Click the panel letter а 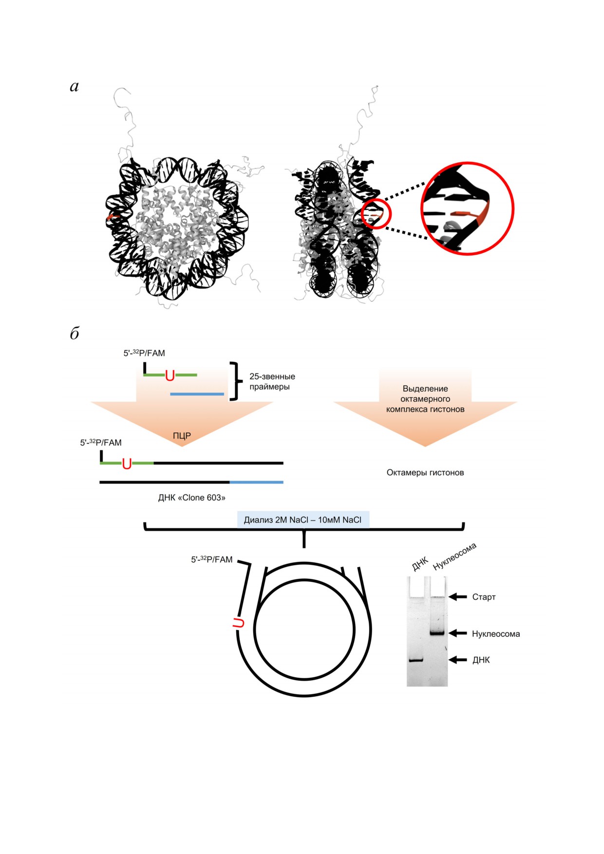point(74,87)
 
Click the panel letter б point(75,333)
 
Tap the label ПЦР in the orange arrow point(182,436)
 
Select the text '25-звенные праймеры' point(272,382)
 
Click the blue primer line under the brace point(197,394)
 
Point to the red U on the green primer point(170,375)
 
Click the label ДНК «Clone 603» point(192,498)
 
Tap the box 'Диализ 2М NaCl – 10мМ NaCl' point(303,520)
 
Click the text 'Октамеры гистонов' point(425,472)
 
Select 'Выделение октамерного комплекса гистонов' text point(425,399)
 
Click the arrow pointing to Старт point(458,596)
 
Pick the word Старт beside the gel point(484,597)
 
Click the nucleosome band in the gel point(437,633)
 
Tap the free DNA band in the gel point(416,660)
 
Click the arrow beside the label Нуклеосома point(458,633)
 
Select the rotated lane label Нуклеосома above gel point(455,556)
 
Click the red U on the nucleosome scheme point(238,623)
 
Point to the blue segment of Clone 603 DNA point(257,482)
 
